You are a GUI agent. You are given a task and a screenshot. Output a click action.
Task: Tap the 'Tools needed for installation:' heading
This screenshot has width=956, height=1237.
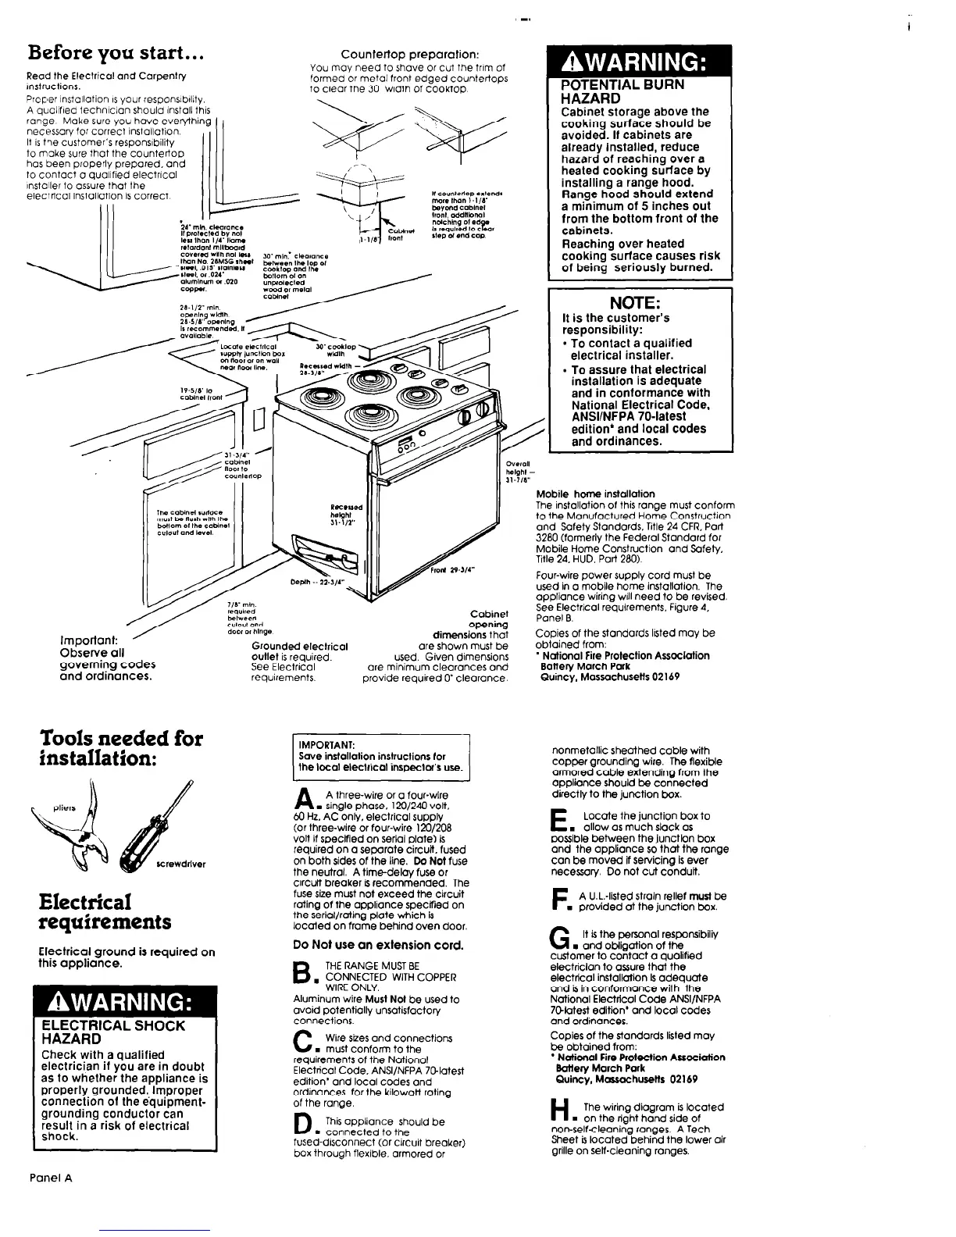(x=122, y=747)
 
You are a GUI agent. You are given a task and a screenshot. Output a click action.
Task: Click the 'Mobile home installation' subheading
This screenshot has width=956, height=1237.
(x=595, y=494)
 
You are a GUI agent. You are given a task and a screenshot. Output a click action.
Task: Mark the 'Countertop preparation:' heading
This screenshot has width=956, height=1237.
(x=411, y=55)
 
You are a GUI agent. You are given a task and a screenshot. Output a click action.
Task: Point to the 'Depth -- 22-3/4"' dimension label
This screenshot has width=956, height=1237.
(x=313, y=583)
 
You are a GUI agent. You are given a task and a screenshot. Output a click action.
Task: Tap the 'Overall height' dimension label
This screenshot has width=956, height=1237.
(x=519, y=472)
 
